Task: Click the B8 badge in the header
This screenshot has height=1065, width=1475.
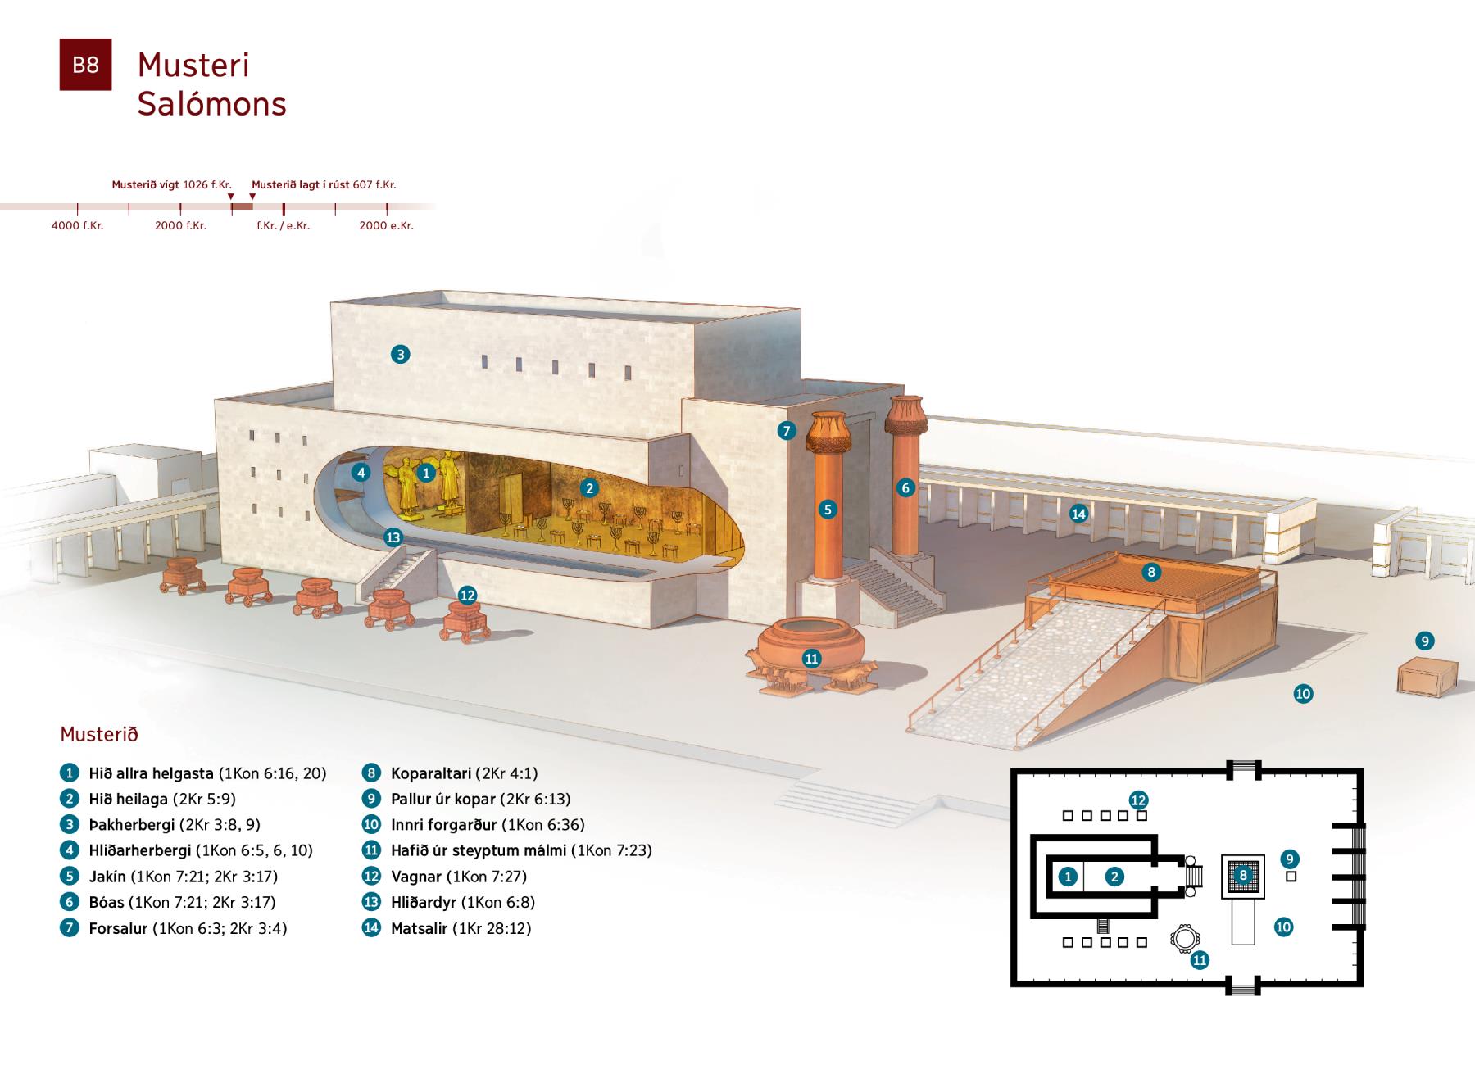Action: (x=85, y=65)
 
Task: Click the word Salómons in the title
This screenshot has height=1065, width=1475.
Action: (x=211, y=104)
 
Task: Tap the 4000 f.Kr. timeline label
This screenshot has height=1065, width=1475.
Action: (x=77, y=225)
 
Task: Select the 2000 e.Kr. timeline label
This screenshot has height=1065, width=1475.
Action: (x=386, y=225)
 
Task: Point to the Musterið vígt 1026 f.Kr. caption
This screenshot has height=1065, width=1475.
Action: (x=171, y=185)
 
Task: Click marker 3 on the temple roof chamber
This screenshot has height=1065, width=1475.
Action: (x=400, y=354)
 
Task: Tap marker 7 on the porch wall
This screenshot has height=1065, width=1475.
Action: (x=787, y=431)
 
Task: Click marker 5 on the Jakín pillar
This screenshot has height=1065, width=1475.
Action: (x=828, y=510)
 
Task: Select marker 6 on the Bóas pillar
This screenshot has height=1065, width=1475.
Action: (x=905, y=487)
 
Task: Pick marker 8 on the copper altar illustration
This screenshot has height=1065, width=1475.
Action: (x=1151, y=572)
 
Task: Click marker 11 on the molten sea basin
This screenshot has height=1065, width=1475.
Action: (x=811, y=659)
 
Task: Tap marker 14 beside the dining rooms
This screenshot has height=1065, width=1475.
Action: (x=1078, y=514)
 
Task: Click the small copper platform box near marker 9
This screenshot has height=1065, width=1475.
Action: (x=1427, y=678)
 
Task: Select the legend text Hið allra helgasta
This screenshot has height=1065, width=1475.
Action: (x=151, y=773)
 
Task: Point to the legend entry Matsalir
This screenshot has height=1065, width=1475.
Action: (x=419, y=928)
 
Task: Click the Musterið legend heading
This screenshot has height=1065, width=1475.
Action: (x=99, y=734)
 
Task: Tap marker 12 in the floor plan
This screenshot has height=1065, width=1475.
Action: (x=1137, y=800)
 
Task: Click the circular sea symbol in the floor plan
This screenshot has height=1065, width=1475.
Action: (x=1182, y=939)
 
